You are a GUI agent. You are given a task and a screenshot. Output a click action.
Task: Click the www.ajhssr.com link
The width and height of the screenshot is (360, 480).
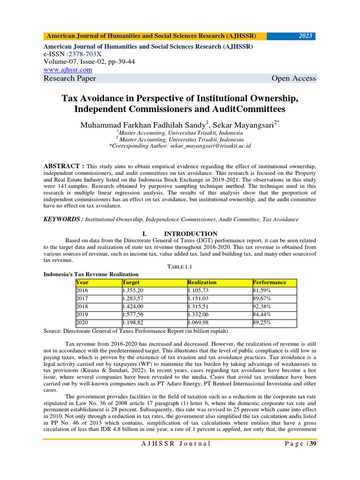click(x=67, y=69)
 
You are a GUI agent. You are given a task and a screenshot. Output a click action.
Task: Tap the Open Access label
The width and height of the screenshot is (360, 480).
click(x=293, y=78)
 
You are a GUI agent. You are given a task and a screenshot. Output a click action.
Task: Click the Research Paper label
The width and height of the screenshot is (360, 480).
click(x=69, y=78)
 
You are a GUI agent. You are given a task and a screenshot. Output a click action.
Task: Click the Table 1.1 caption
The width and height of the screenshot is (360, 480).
click(x=180, y=266)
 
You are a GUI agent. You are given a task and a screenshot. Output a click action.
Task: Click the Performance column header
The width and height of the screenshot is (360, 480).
click(x=269, y=282)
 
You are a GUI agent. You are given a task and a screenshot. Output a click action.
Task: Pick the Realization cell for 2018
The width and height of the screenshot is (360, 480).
click(x=200, y=307)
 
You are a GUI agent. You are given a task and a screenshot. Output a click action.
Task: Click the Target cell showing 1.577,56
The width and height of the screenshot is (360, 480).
click(x=133, y=315)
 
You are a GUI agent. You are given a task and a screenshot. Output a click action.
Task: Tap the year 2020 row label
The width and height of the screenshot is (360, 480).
click(x=82, y=322)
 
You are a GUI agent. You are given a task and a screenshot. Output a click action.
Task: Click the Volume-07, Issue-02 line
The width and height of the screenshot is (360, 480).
click(x=89, y=62)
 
